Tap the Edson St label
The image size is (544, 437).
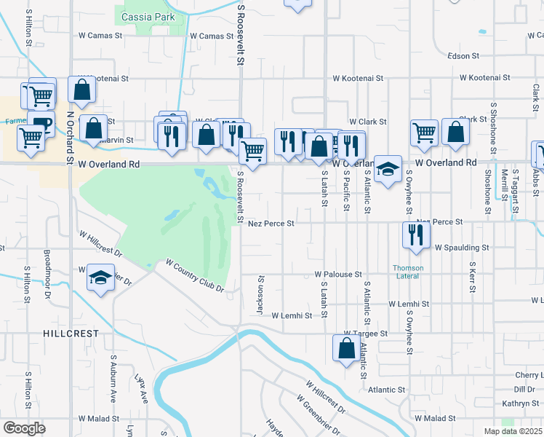(463, 55)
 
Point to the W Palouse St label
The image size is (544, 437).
(338, 274)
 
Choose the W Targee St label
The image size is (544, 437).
(377, 331)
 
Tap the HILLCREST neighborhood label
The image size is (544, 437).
(71, 333)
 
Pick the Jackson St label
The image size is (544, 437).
(260, 295)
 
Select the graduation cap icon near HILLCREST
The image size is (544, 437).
(100, 277)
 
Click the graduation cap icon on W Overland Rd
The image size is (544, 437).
(388, 168)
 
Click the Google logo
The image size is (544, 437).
(24, 428)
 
